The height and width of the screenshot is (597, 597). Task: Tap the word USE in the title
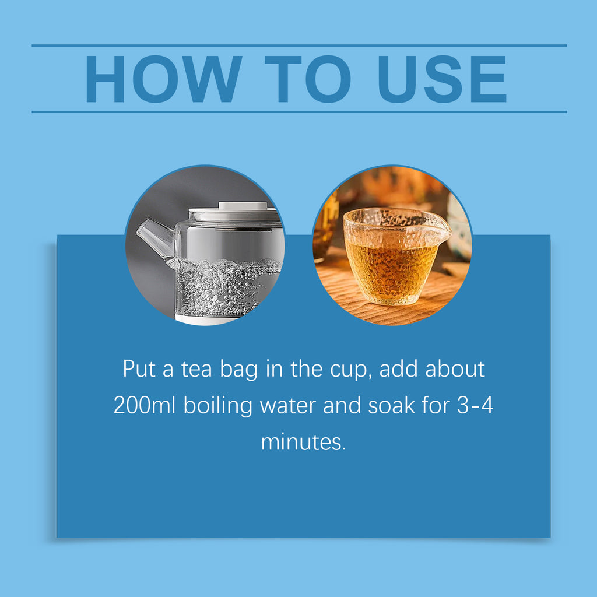[x=442, y=79]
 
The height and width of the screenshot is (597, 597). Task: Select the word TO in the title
[x=308, y=79]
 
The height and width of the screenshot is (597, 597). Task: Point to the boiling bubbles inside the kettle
[x=224, y=285]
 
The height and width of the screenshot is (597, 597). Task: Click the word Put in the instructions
[x=139, y=368]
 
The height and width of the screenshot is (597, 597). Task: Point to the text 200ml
[x=145, y=405]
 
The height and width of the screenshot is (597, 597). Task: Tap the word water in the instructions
[x=288, y=406]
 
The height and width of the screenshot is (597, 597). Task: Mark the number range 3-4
[x=475, y=405]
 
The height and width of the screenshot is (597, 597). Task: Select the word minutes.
[x=303, y=442]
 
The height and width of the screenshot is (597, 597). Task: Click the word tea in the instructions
[x=196, y=369]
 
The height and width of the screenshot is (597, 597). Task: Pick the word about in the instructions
[x=455, y=368]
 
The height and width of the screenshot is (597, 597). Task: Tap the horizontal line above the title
[x=299, y=45]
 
